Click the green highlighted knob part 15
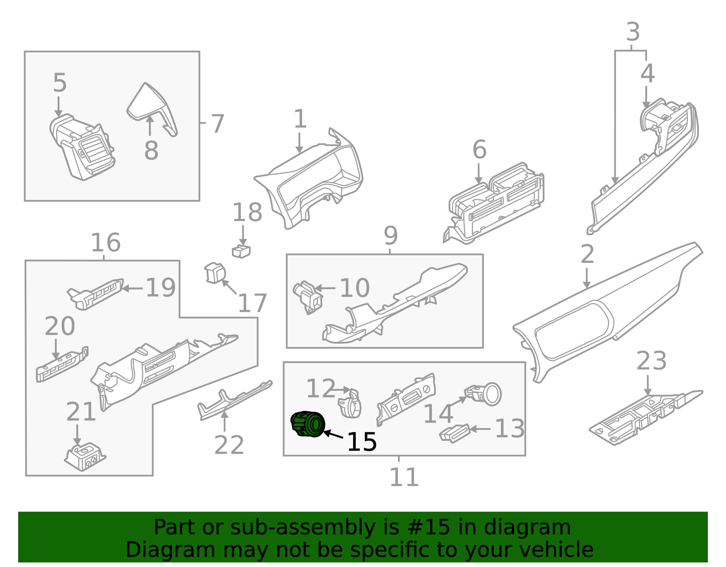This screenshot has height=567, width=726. click(x=308, y=424)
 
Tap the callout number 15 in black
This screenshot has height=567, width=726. click(x=362, y=442)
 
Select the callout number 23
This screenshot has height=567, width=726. click(x=651, y=361)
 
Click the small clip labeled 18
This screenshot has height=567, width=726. click(x=241, y=251)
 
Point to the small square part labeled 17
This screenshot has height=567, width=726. click(x=215, y=272)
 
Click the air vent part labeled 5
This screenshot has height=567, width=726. click(x=82, y=147)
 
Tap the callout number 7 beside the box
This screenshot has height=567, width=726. click(x=218, y=124)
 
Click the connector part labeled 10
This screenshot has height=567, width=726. click(x=308, y=297)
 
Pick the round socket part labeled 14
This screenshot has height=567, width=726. click(x=486, y=394)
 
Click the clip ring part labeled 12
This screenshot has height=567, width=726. click(x=350, y=403)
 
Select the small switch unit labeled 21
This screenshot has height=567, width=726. click(x=85, y=457)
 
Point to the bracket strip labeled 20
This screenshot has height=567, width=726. click(x=61, y=366)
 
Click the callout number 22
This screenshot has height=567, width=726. click(x=229, y=445)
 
